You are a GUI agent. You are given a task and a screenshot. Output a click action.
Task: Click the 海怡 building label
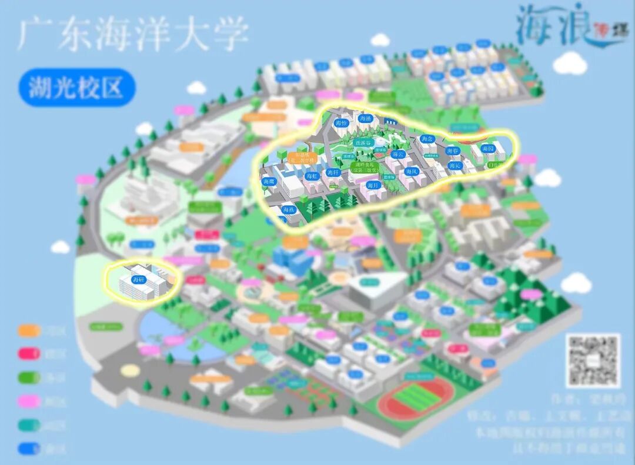pos(341,123)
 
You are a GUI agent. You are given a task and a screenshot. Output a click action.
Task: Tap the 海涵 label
pos(366,119)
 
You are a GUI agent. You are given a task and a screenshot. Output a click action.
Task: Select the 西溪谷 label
pos(363,142)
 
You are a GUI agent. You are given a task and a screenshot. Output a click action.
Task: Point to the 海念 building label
pos(427,139)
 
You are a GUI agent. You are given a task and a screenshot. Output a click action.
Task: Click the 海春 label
pos(452,151)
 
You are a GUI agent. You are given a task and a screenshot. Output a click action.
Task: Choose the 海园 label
pos(487,149)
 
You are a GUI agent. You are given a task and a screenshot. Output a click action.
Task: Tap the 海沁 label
pos(454,166)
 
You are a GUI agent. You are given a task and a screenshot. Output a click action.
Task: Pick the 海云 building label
pos(399,154)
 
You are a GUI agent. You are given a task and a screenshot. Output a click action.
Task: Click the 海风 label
pos(412,172)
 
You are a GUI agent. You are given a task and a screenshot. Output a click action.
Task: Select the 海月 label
pos(372,185)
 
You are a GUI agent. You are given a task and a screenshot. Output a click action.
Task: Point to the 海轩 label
pos(333,173)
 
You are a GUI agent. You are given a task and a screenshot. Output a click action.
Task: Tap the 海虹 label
pos(312,175)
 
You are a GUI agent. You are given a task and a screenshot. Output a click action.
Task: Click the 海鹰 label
pos(269,182)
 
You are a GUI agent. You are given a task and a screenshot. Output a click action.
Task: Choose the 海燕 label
pos(288,209)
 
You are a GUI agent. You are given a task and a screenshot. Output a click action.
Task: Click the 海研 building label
pos(139,279)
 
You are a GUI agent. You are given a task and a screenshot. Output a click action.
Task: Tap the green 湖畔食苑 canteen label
pos(364,168)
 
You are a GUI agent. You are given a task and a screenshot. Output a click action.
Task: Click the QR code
pos(593,360)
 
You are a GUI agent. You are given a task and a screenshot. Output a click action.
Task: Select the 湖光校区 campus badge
pos(76,88)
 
